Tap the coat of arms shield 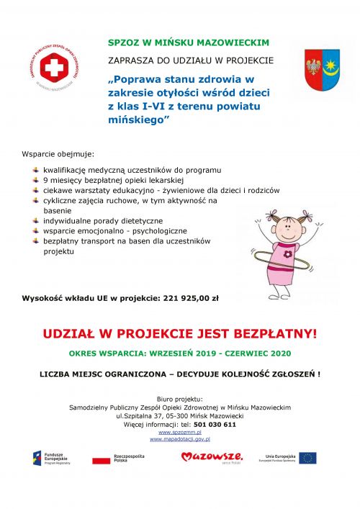coord(321,69)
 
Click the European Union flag coord(308,457)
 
